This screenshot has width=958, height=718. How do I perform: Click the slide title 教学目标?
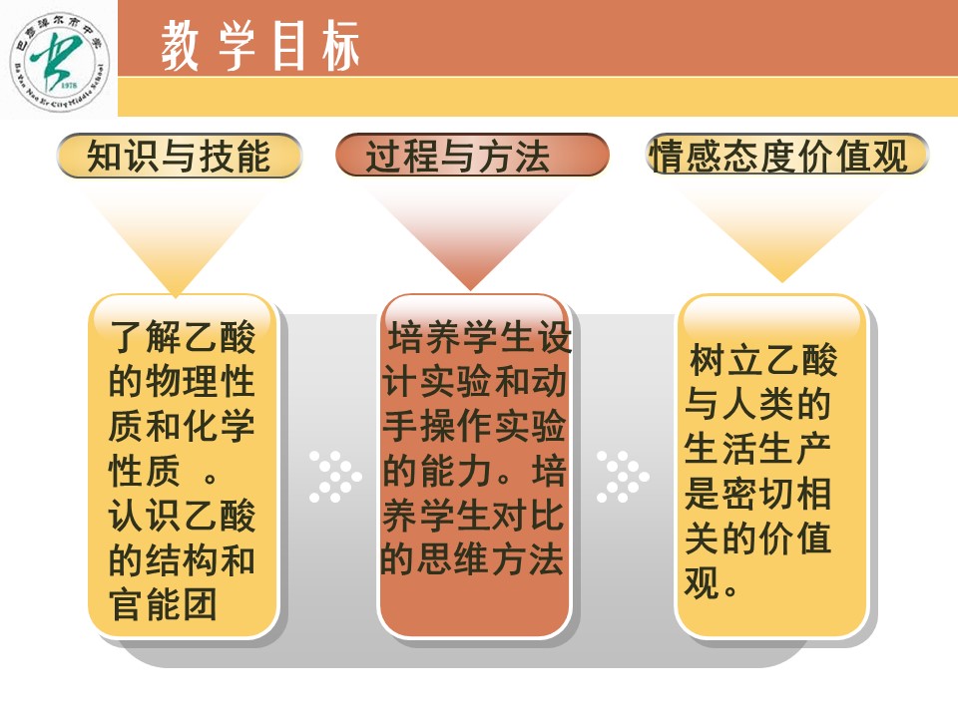coord(260,46)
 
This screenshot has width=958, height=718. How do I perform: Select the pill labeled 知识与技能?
coord(180,156)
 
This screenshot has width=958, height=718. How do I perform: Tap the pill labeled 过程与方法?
coord(472,156)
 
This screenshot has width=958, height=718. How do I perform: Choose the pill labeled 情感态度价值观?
coord(787,155)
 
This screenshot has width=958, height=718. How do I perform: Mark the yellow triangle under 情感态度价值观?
coord(781,230)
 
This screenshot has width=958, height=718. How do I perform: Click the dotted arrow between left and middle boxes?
coord(335,477)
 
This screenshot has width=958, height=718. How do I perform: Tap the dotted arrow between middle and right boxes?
coord(623,477)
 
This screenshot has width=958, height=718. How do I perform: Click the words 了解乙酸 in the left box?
coord(182,336)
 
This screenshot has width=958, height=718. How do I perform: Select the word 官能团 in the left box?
coord(163,604)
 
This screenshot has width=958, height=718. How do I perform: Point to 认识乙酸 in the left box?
coord(182,515)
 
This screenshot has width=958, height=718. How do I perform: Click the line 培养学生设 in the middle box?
coord(480,337)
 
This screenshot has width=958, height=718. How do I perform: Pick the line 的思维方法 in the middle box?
coord(472,559)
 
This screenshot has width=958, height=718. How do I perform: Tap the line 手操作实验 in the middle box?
coord(474,426)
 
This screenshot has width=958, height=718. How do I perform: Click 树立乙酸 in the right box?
coord(763,360)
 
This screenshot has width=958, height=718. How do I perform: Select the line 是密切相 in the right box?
coord(757,493)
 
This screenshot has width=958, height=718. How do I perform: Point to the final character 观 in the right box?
coord(702,581)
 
